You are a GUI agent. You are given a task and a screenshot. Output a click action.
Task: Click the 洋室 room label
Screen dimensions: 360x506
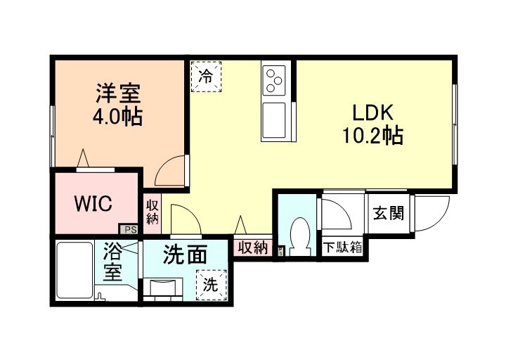118,94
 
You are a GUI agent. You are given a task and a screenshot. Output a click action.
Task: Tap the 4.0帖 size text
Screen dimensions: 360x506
118,115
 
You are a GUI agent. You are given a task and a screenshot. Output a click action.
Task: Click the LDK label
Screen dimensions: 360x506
372,112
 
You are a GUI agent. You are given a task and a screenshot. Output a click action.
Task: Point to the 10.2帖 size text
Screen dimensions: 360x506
372,135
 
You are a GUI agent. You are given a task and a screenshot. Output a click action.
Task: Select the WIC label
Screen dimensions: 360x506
93,204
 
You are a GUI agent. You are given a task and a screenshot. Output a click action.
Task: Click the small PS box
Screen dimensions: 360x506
130,229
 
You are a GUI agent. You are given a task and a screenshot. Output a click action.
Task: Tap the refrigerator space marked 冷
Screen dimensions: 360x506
205,75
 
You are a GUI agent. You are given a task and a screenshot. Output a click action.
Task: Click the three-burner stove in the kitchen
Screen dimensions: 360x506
274,81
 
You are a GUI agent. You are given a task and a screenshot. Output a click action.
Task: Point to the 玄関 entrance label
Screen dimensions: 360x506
388,213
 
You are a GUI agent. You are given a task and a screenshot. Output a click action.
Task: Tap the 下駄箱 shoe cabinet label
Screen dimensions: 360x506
343,247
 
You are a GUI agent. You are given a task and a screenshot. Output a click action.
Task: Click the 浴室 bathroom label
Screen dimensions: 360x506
113,262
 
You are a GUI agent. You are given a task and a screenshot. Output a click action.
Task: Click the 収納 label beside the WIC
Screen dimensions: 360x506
153,212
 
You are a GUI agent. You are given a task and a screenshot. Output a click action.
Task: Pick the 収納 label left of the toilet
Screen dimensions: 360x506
252,247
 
